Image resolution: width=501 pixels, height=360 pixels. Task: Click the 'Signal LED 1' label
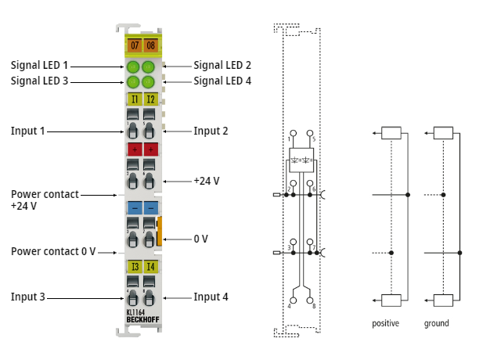[40, 65]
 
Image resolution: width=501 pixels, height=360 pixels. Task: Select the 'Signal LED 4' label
[223, 80]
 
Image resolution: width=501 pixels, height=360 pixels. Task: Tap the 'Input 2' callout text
[211, 131]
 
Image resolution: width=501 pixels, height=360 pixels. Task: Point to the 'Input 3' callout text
[27, 297]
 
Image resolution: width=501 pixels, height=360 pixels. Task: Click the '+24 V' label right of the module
[206, 181]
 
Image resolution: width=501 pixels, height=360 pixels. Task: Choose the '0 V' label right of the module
[202, 238]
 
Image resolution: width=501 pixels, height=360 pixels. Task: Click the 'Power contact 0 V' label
[53, 251]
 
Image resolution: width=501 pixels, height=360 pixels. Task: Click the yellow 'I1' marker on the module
[134, 99]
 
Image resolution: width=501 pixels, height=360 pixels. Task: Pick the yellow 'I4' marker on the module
[150, 268]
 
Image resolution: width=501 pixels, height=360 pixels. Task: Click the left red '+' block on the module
[134, 149]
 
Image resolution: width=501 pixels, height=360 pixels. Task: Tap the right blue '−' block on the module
[150, 208]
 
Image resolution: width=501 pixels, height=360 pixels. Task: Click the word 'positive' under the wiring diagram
[386, 323]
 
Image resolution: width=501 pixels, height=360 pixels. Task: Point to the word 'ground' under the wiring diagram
[437, 323]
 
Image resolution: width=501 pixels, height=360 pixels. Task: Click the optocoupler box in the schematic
[301, 160]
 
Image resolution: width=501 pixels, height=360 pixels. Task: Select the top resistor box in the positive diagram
[390, 133]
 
